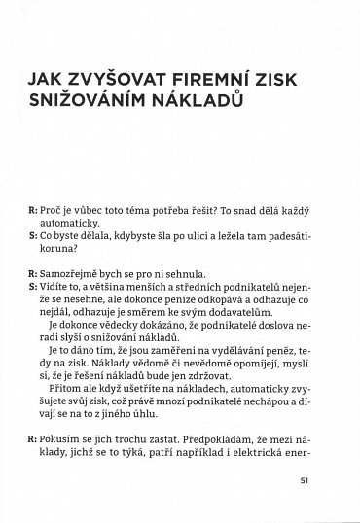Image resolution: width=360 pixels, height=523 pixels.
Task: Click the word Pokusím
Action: (x=61, y=438)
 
